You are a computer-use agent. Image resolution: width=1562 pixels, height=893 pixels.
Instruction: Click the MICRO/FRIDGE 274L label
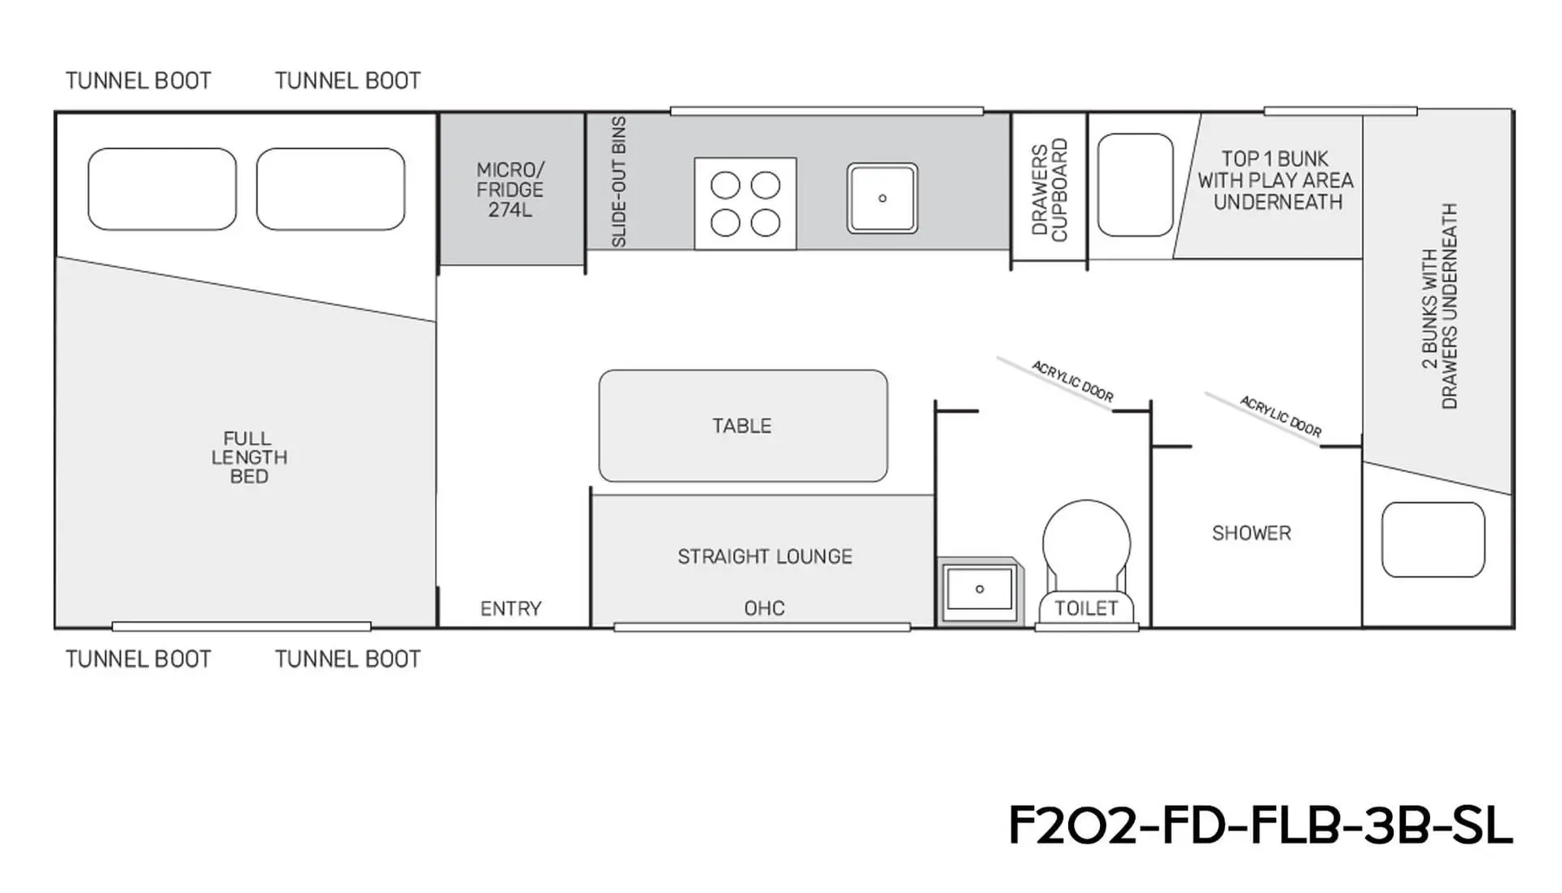tap(510, 190)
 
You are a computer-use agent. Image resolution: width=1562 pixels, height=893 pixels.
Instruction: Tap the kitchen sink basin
tap(882, 199)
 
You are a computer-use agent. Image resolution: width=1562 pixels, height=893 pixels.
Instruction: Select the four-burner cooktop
tap(745, 204)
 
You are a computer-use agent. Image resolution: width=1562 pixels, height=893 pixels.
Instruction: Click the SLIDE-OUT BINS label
tap(619, 182)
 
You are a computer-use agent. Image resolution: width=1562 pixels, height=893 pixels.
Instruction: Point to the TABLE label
tap(742, 426)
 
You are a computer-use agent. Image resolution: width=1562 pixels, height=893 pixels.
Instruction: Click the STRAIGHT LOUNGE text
tap(765, 557)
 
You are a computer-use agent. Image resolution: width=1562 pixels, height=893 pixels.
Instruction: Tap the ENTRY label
tap(511, 609)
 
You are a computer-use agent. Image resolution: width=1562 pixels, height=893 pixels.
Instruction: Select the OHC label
tap(765, 608)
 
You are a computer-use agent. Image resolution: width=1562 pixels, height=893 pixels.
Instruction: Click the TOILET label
tap(1086, 608)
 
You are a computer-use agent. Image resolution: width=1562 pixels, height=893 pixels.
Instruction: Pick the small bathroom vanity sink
tap(980, 590)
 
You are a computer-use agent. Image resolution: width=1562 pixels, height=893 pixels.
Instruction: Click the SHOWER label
tap(1251, 533)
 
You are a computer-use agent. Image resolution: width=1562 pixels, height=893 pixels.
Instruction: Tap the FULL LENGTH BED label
tap(249, 457)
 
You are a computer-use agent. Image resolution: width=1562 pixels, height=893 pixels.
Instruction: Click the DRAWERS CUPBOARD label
tap(1049, 190)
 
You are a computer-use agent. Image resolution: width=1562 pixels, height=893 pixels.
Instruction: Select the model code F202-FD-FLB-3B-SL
tap(1261, 825)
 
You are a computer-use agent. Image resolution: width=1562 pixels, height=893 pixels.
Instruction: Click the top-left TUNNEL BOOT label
tap(138, 81)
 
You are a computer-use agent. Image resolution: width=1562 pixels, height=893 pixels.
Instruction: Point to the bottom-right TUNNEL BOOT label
tap(347, 659)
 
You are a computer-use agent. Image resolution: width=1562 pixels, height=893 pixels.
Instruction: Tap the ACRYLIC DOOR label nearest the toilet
tap(1072, 381)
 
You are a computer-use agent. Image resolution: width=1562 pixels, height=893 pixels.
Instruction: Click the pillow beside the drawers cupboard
tap(1135, 185)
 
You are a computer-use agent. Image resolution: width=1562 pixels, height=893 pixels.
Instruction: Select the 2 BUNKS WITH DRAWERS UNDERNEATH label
tap(1439, 306)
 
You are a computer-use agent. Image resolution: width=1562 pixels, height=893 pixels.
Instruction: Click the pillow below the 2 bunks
tap(1433, 540)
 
